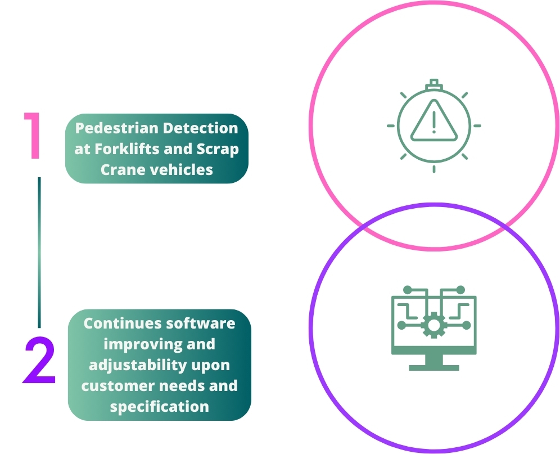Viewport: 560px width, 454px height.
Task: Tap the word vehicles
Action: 183,169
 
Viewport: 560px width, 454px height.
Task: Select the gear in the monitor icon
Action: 433,325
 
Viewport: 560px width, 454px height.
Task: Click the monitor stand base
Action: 433,367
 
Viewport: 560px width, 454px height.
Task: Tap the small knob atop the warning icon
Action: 433,84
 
